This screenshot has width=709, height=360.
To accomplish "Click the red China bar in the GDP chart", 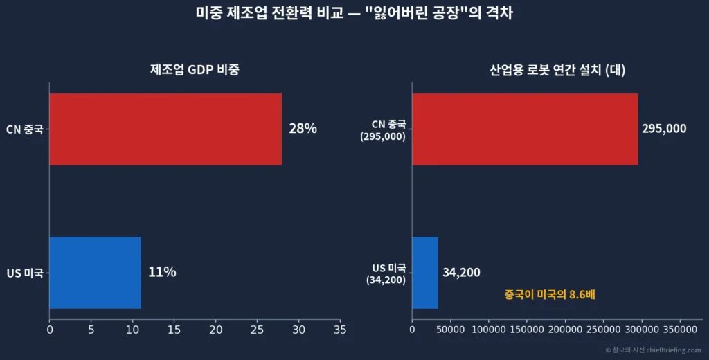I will coord(165,129).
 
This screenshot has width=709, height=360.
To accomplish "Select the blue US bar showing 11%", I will coord(95,272).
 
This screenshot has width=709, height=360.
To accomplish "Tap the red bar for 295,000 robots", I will coord(525,129).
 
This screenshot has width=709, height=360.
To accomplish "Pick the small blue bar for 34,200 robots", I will coord(425,272).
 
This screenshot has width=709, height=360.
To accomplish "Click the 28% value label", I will coord(303,129).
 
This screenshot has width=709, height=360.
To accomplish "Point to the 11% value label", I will coord(162,272).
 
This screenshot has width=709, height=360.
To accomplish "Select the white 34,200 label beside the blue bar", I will coord(461,273).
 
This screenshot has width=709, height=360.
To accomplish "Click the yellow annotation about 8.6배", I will coord(550,295).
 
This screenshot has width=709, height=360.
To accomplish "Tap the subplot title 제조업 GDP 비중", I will coord(195,70).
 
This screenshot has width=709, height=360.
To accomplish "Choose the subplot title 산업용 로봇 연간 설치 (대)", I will coord(557,70).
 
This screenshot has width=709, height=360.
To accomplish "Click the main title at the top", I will coord(354,13).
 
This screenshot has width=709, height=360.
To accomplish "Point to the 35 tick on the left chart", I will coord(340,331).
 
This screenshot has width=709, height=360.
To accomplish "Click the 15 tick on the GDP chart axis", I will coord(174,331).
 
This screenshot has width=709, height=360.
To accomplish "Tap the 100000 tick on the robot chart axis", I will coord(489,331).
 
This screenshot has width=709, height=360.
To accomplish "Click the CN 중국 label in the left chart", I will coord(24,129).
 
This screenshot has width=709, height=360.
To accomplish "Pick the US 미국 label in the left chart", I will coord(25,273).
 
